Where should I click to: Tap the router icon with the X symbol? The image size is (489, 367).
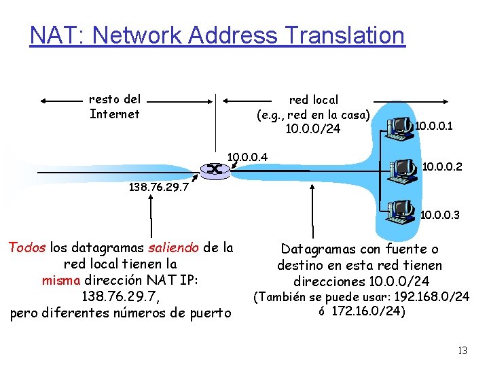[214, 169]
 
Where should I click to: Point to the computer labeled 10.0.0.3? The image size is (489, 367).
[401, 211]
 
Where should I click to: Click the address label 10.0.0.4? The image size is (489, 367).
[247, 158]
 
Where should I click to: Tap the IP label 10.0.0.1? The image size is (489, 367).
[434, 126]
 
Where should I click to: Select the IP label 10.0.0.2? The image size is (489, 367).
[442, 166]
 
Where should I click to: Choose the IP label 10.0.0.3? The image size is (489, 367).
[440, 215]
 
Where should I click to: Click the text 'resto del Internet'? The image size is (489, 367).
[115, 107]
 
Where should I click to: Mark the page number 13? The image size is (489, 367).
[463, 351]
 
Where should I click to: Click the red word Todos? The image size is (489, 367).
[26, 248]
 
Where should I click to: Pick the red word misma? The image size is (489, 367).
[60, 281]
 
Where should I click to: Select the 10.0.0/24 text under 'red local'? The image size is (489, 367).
[313, 128]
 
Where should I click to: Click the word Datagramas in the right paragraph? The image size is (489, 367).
[316, 249]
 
